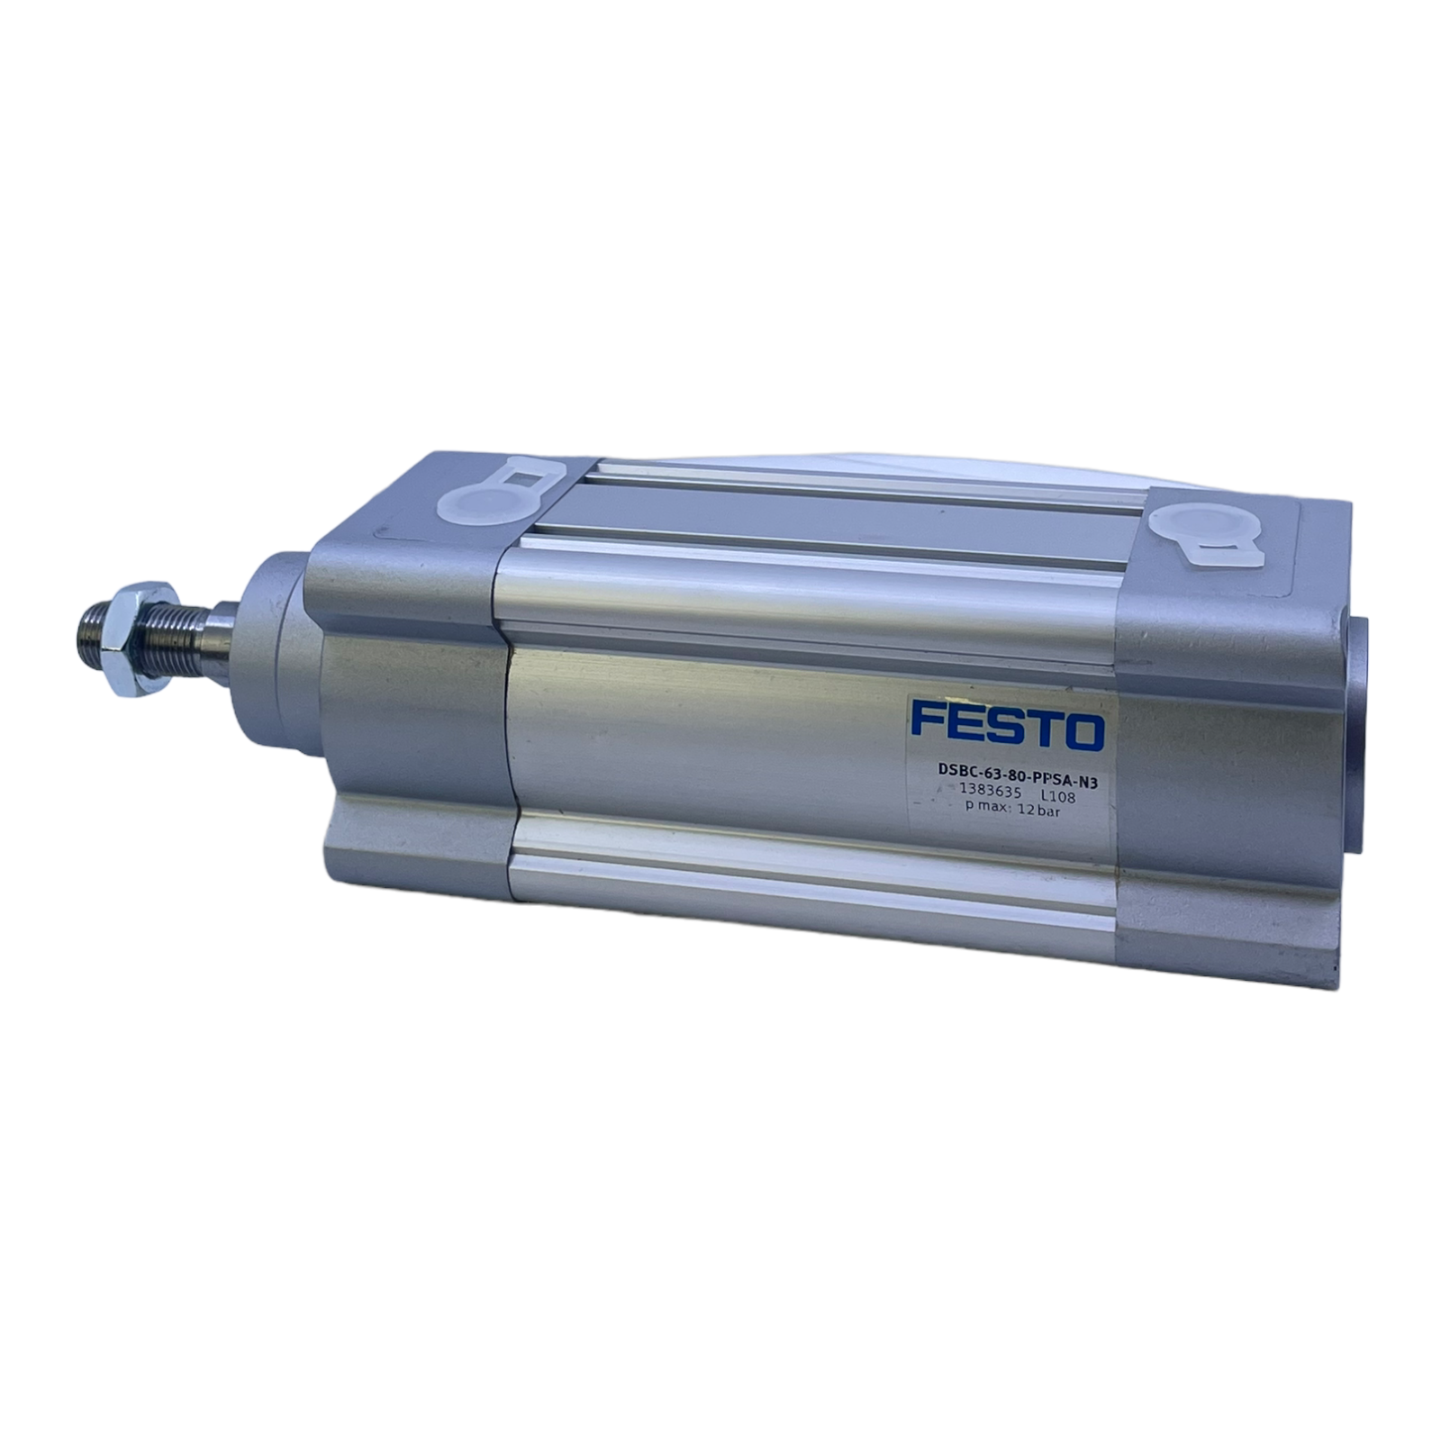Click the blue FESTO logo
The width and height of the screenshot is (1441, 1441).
1007,727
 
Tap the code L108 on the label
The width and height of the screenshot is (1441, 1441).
1058,794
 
